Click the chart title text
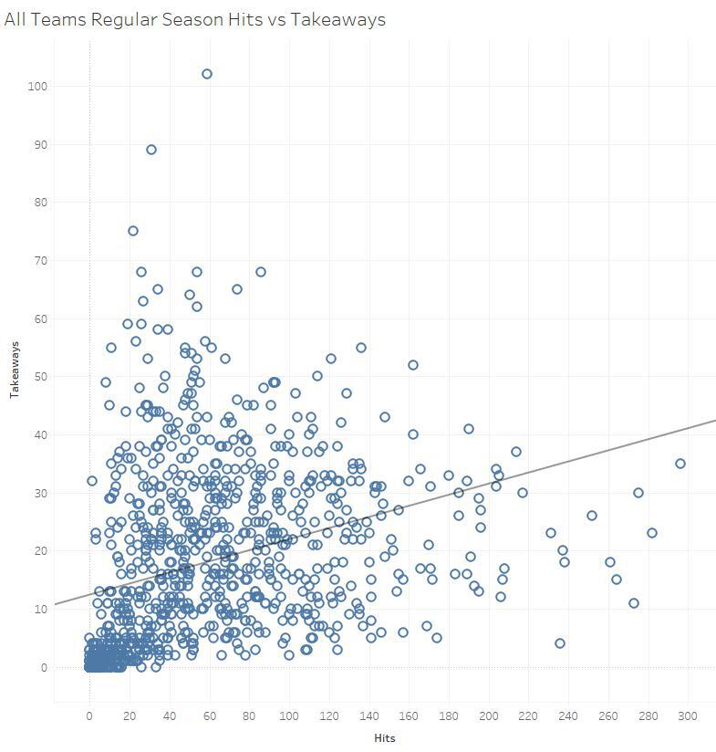194,19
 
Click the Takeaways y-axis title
15,369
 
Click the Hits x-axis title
384,738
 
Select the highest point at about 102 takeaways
207,74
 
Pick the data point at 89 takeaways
151,150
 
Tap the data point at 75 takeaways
133,231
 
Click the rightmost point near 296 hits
680,464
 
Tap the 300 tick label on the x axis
688,716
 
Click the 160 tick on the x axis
409,716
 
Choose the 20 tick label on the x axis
130,716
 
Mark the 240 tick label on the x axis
568,716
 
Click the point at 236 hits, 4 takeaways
560,643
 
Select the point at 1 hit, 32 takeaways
92,481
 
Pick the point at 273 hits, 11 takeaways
634,603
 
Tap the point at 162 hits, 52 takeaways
413,365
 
